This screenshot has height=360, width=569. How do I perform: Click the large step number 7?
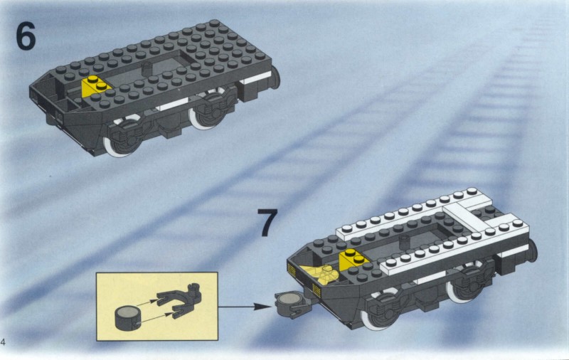(267, 222)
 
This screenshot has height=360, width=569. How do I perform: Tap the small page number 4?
(3, 342)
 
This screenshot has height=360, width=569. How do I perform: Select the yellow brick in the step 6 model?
(95, 87)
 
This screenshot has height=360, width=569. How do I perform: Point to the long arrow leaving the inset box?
(245, 307)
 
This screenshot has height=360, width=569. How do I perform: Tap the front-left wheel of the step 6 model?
(119, 139)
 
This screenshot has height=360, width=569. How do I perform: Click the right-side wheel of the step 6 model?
(205, 109)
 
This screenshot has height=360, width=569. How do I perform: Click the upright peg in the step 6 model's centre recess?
(147, 69)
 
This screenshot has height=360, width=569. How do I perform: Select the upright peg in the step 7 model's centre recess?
(404, 242)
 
